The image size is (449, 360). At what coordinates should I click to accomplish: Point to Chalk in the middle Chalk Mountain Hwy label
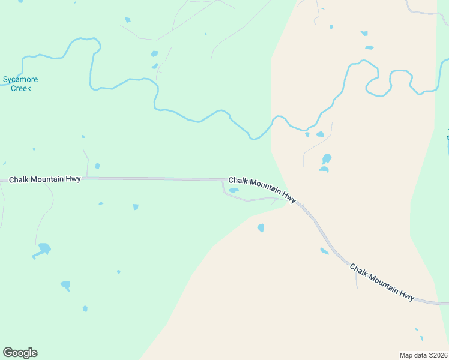238,180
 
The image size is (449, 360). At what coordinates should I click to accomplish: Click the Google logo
20,353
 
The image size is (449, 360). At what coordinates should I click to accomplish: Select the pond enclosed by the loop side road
234,190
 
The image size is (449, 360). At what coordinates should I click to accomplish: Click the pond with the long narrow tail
43,249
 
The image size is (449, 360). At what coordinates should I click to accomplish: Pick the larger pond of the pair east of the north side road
326,159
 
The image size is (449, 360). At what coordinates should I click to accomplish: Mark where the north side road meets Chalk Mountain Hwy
304,206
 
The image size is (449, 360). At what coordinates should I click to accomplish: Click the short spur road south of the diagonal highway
356,279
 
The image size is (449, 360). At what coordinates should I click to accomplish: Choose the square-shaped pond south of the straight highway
136,207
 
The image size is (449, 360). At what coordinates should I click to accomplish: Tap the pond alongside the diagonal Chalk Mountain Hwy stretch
324,251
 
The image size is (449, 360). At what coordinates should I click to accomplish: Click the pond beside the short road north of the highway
97,166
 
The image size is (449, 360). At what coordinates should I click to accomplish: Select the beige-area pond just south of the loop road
261,227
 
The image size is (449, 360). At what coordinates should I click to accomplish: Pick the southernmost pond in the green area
85,308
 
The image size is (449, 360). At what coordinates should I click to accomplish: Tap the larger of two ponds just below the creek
320,134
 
